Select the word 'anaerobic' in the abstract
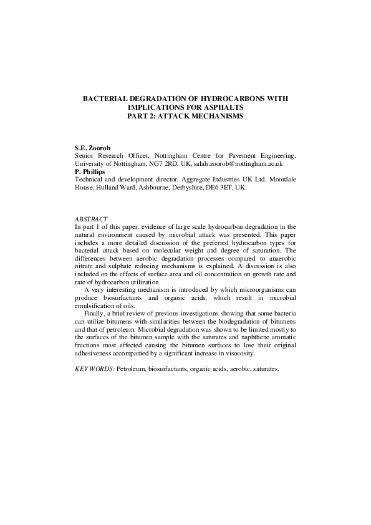click(280, 257)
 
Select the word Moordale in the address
click(281, 178)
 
